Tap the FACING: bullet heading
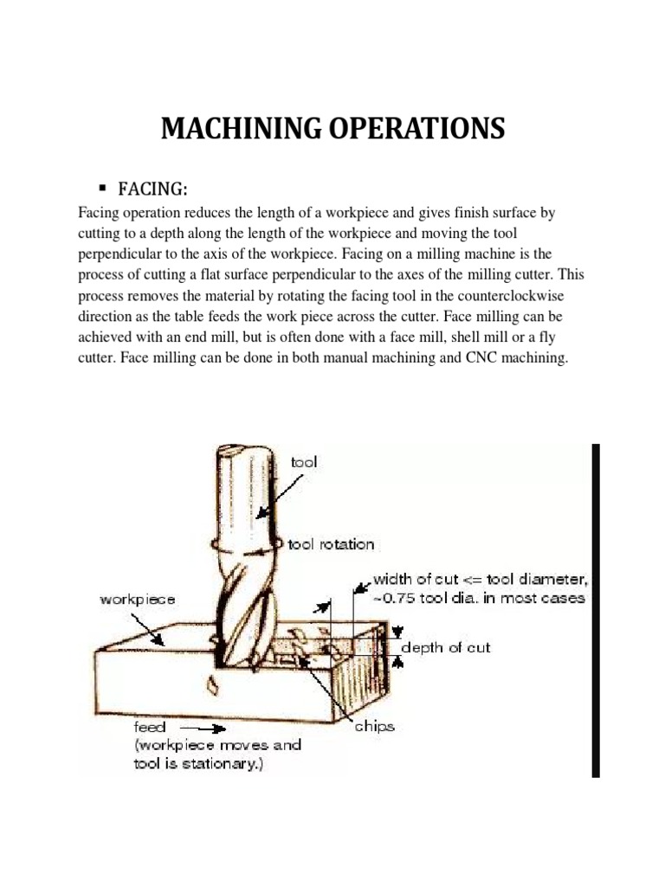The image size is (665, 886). click(159, 189)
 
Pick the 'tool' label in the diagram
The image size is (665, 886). click(304, 462)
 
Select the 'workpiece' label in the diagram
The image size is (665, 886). click(138, 598)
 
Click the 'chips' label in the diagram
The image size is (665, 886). click(373, 728)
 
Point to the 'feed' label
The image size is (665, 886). click(150, 727)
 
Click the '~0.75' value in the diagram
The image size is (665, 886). click(397, 597)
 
